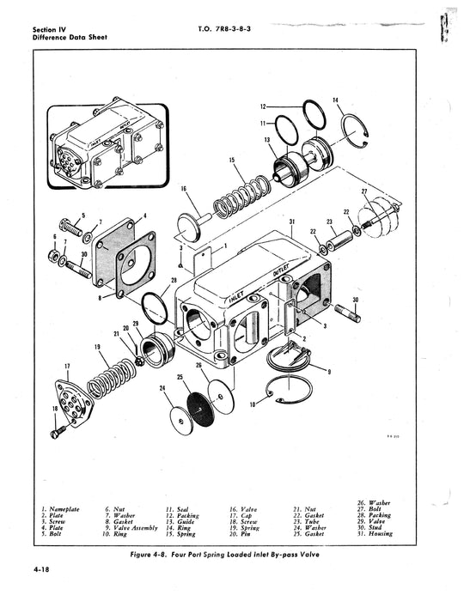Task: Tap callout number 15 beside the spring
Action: pyautogui.click(x=231, y=161)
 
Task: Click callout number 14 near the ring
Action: pyautogui.click(x=335, y=100)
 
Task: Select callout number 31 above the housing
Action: pyautogui.click(x=293, y=222)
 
